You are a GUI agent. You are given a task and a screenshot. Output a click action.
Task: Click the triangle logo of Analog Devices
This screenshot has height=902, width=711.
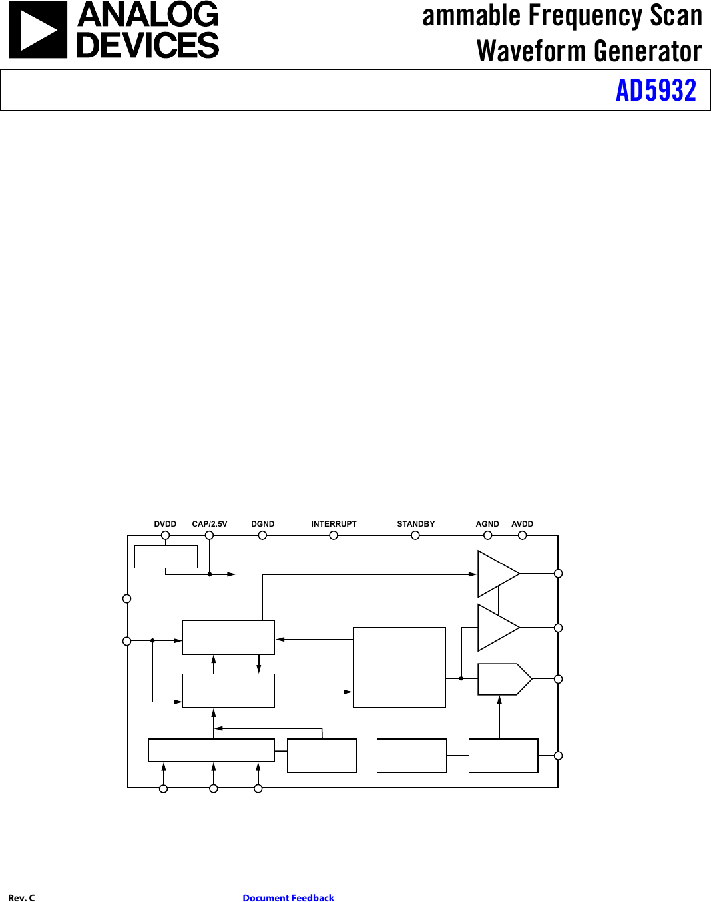(37, 30)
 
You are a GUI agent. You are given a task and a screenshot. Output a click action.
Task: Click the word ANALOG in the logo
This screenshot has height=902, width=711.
(148, 15)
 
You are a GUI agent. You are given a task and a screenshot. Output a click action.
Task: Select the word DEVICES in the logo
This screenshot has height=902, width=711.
(148, 45)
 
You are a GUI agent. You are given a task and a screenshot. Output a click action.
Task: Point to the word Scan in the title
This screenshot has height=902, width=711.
(676, 16)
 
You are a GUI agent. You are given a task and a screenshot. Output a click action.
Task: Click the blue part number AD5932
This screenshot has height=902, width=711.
(656, 91)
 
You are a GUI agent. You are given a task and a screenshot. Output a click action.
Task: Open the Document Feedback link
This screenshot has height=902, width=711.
(288, 898)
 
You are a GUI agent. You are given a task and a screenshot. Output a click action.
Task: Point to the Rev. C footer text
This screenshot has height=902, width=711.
(21, 898)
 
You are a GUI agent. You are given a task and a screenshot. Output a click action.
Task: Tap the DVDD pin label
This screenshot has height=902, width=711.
(165, 524)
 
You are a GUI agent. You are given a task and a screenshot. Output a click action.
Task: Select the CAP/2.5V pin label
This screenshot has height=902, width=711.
(210, 524)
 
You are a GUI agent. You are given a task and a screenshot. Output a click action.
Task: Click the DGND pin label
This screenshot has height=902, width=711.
(262, 524)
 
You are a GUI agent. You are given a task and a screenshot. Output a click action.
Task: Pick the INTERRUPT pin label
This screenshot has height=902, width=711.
(334, 524)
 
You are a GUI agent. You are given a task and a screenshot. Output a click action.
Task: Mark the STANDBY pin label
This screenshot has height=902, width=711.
(415, 524)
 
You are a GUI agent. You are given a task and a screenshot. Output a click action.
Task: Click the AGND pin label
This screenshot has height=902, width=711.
(487, 524)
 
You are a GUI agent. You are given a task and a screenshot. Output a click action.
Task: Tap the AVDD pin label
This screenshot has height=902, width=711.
(522, 524)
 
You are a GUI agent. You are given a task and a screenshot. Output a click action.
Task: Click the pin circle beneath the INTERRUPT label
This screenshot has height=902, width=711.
(334, 535)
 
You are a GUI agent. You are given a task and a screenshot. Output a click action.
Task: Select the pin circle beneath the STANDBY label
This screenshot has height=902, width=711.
(415, 535)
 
